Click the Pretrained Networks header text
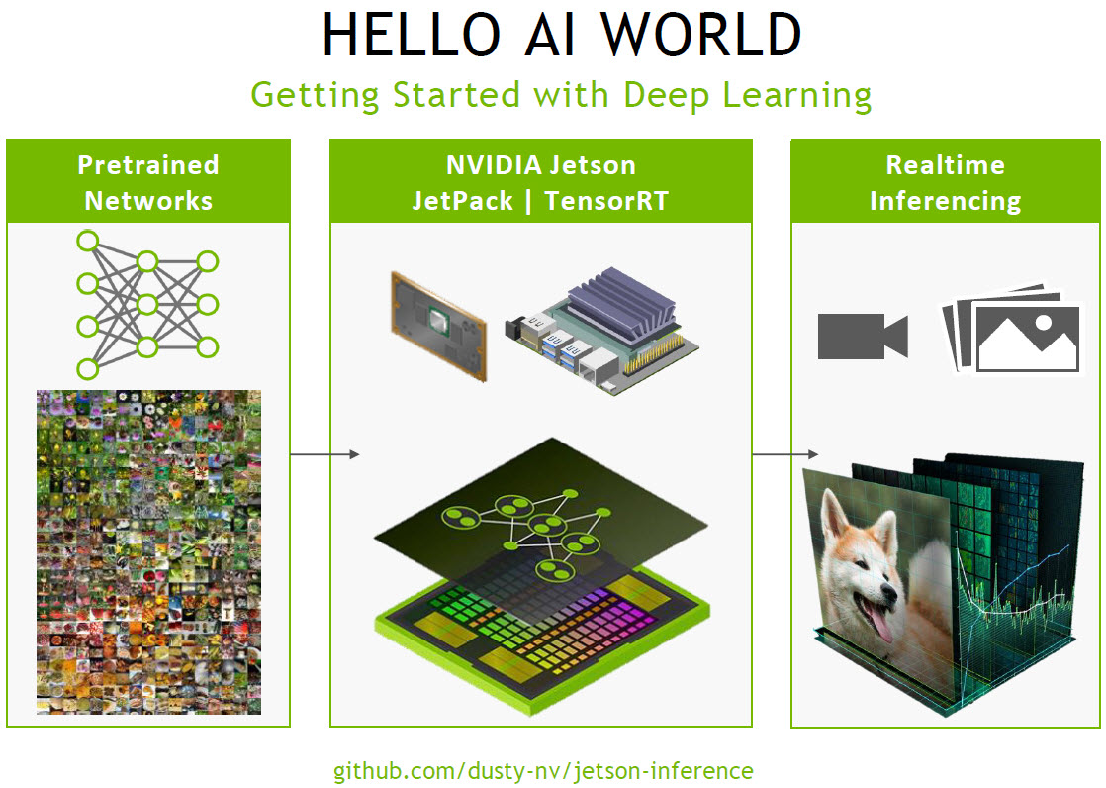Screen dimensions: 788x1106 (x=148, y=183)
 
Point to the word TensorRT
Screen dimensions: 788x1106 (x=608, y=201)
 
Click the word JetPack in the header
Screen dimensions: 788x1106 (x=463, y=201)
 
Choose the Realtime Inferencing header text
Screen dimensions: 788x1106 (x=945, y=183)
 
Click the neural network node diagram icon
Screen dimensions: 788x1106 (x=147, y=305)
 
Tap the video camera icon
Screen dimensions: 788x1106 (x=862, y=337)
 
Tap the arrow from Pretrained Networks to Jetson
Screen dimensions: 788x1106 (x=324, y=454)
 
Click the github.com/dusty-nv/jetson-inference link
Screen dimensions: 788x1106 (x=542, y=770)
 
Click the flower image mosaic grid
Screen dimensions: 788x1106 (x=148, y=551)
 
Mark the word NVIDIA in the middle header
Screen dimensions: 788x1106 (x=488, y=165)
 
